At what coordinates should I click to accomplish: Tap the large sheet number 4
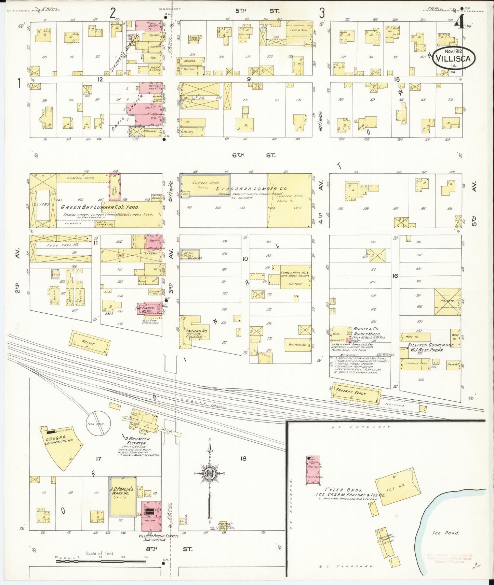pos(459,24)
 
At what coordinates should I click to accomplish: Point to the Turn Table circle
pos(98,423)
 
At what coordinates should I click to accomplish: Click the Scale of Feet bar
pos(101,561)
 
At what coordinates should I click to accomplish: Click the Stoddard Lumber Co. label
pos(252,188)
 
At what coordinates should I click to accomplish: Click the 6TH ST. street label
pos(253,155)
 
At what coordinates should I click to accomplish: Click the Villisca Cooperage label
pos(432,345)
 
